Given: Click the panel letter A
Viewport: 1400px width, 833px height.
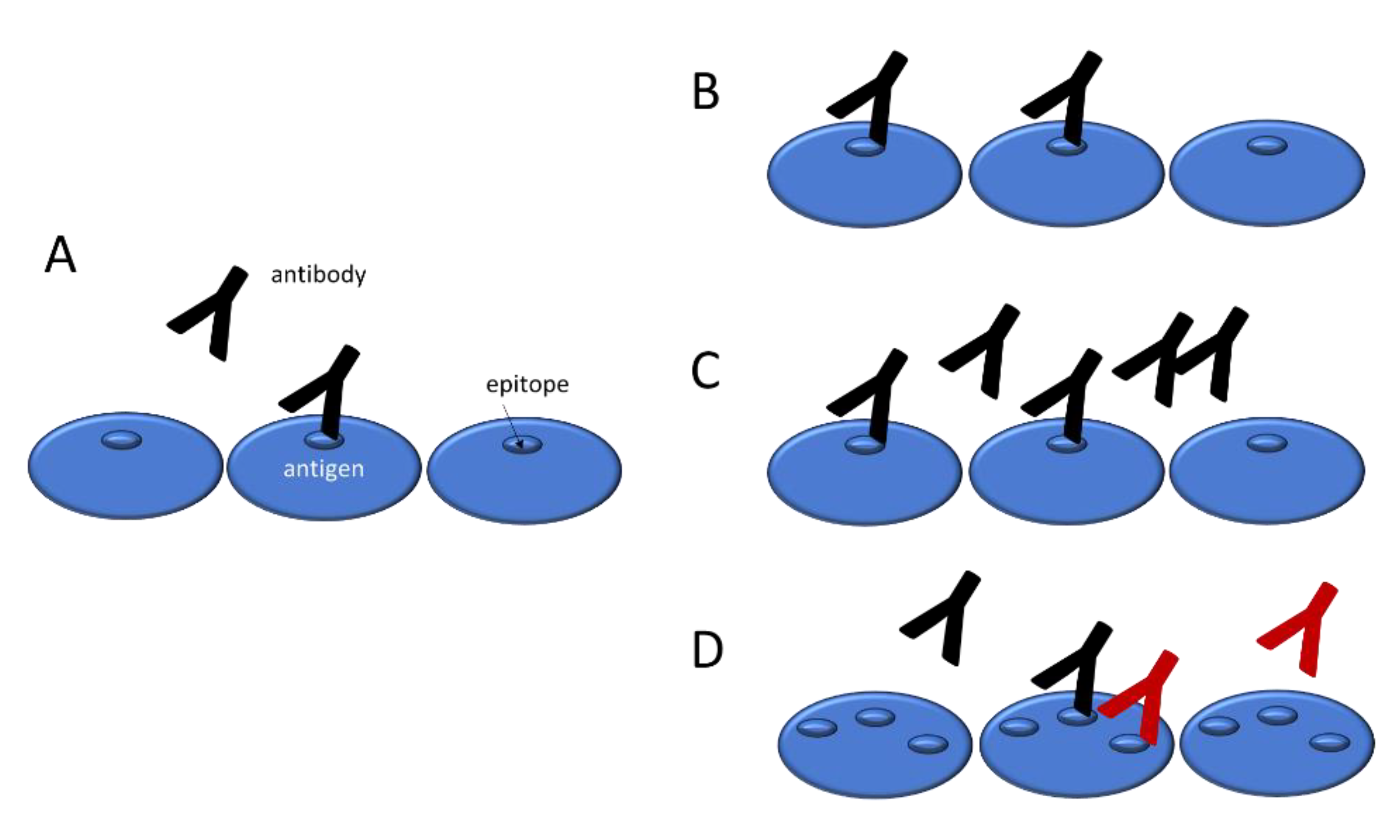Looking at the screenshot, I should pos(60,256).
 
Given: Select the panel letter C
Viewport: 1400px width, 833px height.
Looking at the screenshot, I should pos(705,371).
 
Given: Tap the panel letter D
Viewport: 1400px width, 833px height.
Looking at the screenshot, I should pos(707,650).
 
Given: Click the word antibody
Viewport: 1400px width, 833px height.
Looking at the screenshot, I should pos(318,275).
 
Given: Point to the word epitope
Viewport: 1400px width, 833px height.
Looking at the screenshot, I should pos(527,384).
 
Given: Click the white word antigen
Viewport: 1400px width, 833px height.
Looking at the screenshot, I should pos(324,469).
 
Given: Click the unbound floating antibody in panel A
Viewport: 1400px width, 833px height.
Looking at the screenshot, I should pos(216,315).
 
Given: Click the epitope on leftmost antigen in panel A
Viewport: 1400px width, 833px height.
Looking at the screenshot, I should pos(121,439).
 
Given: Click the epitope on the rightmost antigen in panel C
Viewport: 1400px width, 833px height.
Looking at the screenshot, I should pos(1267,443).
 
